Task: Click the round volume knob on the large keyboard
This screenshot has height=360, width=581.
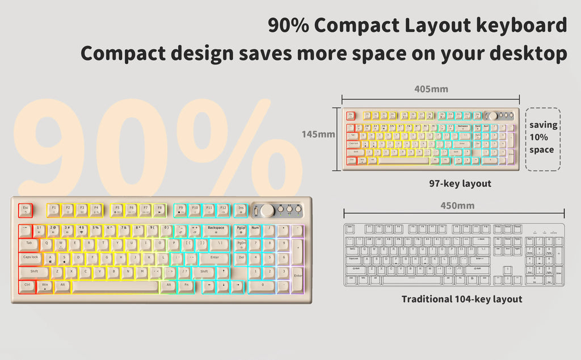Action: click(267, 211)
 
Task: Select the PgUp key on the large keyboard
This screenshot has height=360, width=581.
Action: click(241, 230)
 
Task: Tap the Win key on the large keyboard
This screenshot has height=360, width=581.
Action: click(44, 286)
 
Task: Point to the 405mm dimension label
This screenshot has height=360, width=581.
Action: click(431, 89)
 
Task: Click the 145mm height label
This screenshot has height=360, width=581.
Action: click(318, 135)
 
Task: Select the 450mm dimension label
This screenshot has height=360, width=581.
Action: click(457, 206)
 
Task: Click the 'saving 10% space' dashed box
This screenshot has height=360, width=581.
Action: click(542, 139)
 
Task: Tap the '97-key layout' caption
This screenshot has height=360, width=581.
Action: click(460, 183)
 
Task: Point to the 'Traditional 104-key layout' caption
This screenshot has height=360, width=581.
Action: click(462, 299)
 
